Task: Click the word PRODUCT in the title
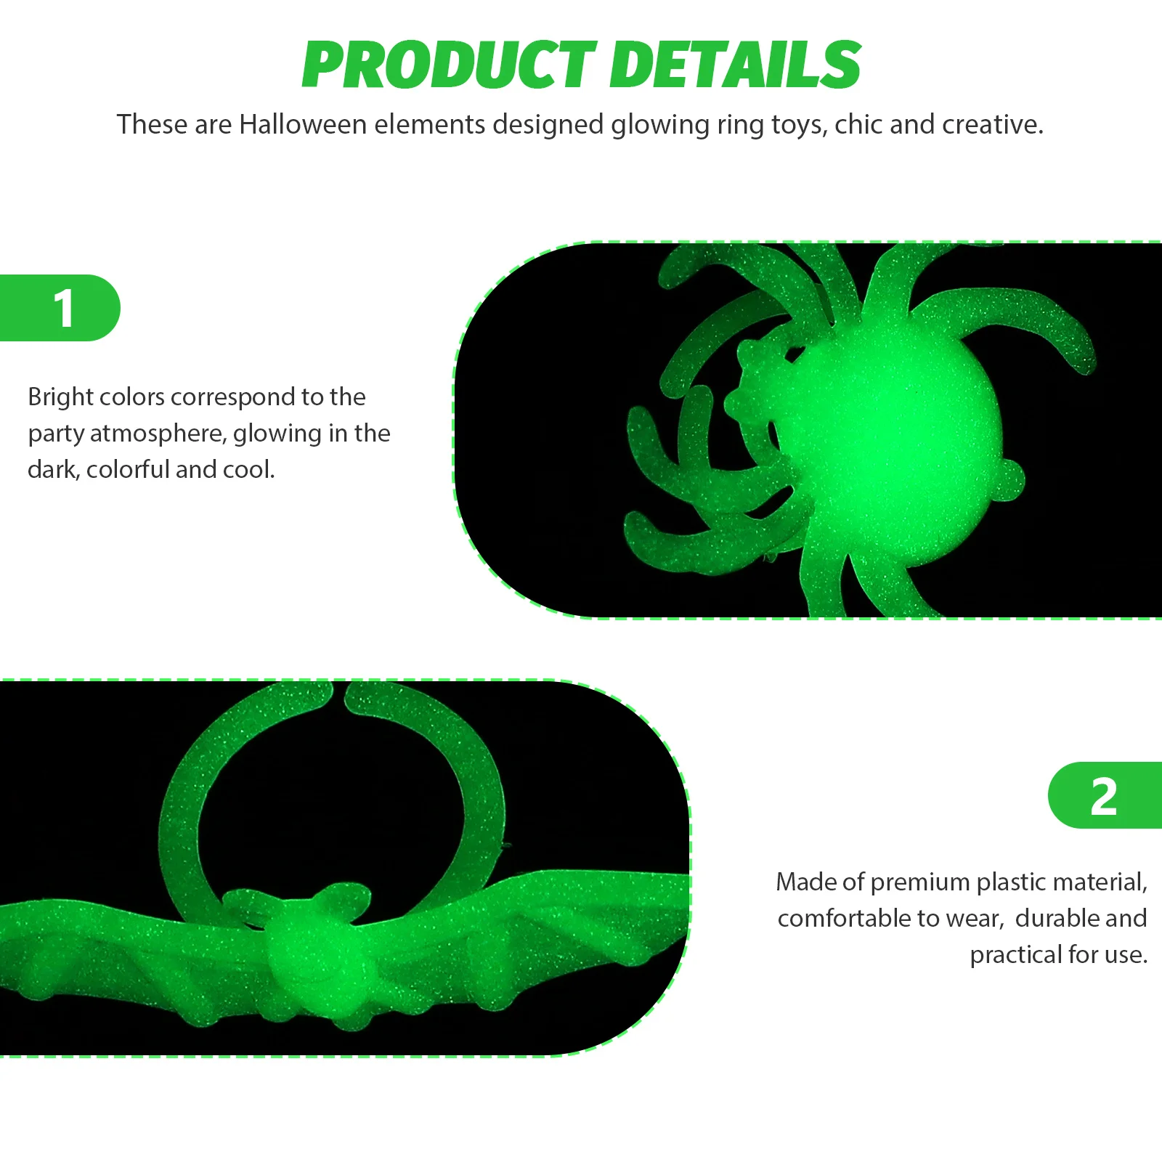[x=449, y=65]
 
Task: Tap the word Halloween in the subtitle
[x=303, y=124]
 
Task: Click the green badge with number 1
[x=60, y=308]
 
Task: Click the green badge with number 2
[x=1105, y=795]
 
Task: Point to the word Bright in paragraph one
[x=60, y=398]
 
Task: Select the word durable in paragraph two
[x=1058, y=919]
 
